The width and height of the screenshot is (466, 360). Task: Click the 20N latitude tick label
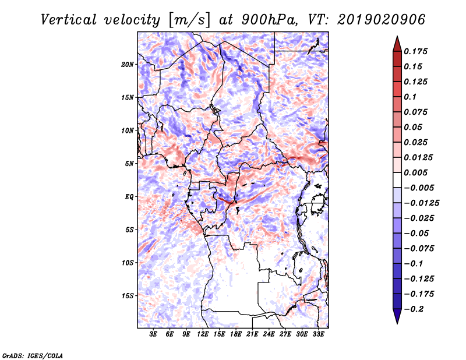tap(128, 64)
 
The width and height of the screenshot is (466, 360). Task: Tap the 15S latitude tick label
tap(128, 295)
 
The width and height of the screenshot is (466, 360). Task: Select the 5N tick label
tap(129, 163)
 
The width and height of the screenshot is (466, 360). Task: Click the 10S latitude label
tap(128, 262)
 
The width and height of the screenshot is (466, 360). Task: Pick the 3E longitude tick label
tap(154, 334)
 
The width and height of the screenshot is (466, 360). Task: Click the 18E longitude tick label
tap(236, 334)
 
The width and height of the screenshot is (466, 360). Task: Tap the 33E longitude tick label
tap(319, 334)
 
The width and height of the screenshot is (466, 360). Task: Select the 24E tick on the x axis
tap(269, 334)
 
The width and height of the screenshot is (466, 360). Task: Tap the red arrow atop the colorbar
tap(396, 43)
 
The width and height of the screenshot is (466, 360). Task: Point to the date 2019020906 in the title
tap(381, 19)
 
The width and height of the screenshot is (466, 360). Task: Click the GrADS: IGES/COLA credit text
tap(33, 355)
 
